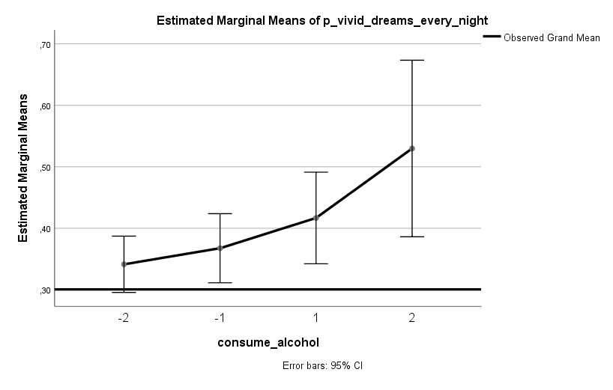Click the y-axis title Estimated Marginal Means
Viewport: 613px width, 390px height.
pyautogui.click(x=23, y=167)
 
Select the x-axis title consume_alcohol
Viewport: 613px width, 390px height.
pyautogui.click(x=268, y=343)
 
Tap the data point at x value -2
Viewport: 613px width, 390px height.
pyautogui.click(x=124, y=264)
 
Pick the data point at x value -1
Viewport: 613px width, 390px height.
pyautogui.click(x=220, y=248)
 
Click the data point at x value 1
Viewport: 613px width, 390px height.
pyautogui.click(x=316, y=218)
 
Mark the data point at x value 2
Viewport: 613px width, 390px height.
pyautogui.click(x=412, y=148)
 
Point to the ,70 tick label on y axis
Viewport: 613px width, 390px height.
pyautogui.click(x=43, y=45)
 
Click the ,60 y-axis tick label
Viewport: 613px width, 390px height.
pyautogui.click(x=43, y=106)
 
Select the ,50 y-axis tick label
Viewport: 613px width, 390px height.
pyautogui.click(x=43, y=168)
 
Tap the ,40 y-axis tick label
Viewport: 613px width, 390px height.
pyautogui.click(x=43, y=229)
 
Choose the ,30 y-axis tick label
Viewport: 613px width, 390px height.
pyautogui.click(x=43, y=290)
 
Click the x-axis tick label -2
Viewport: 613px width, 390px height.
pyautogui.click(x=124, y=317)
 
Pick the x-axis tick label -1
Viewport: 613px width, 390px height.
pyautogui.click(x=220, y=317)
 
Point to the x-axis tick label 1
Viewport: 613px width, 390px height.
pyautogui.click(x=316, y=317)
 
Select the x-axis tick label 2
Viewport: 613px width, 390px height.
pyautogui.click(x=412, y=317)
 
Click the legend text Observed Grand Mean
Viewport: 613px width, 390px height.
pyautogui.click(x=552, y=37)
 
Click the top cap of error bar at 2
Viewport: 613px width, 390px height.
pyautogui.click(x=412, y=60)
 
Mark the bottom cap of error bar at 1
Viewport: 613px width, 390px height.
pyautogui.click(x=316, y=263)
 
